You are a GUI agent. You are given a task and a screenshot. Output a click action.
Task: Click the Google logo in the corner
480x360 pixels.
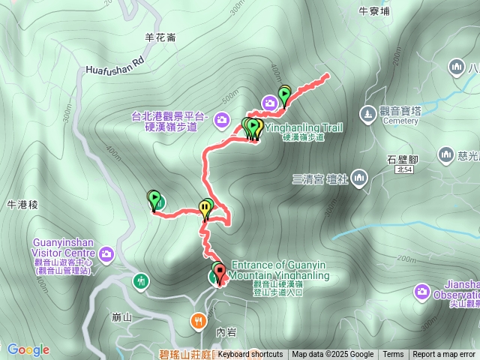click(x=28, y=349)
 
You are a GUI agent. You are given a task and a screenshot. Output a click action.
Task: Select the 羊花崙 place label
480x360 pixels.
click(x=160, y=37)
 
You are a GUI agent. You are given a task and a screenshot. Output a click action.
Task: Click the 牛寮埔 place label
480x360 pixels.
click(x=374, y=11)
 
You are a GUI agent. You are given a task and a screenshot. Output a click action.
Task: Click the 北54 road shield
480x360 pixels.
click(x=403, y=170)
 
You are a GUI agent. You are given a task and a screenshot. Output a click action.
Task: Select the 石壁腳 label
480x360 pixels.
click(x=403, y=159)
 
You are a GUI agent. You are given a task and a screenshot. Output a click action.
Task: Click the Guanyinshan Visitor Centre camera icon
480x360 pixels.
click(x=106, y=255)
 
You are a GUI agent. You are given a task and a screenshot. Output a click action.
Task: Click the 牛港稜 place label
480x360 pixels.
click(x=22, y=204)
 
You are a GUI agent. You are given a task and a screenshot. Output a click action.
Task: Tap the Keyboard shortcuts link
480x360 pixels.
click(x=250, y=355)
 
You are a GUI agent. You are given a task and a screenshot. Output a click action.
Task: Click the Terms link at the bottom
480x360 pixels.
click(x=393, y=355)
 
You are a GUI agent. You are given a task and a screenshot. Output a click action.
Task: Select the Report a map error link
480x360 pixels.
click(x=444, y=355)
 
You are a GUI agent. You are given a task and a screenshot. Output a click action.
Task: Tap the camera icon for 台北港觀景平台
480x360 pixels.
click(x=221, y=118)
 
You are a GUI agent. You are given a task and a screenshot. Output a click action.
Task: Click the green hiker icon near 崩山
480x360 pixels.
click(x=141, y=281)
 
